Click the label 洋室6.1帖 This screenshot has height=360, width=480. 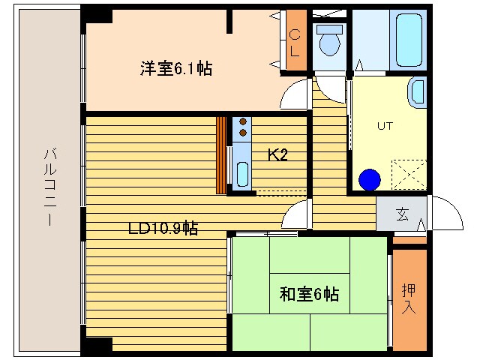(x=175, y=69)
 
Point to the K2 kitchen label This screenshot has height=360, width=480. (x=278, y=155)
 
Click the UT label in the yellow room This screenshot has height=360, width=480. (x=385, y=126)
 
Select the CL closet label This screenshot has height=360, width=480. (x=295, y=43)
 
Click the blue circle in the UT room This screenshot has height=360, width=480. (x=370, y=180)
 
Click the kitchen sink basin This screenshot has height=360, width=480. (x=242, y=173)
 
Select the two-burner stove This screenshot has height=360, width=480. (x=242, y=127)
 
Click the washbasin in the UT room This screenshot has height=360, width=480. (x=416, y=93)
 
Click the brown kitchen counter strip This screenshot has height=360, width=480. (x=221, y=154)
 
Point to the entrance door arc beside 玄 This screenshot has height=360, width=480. (x=444, y=213)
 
